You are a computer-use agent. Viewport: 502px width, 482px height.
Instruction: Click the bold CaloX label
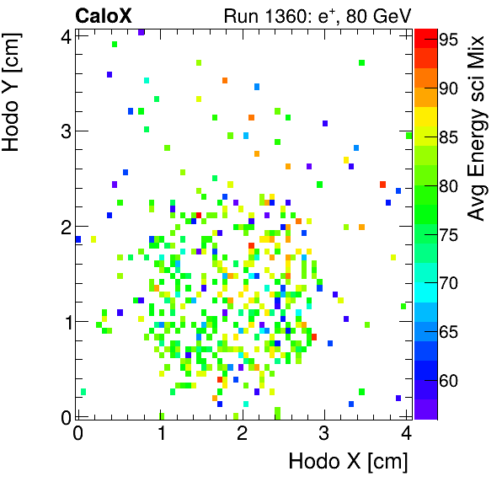(104, 15)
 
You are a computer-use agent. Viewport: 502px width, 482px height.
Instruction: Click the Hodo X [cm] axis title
(348, 462)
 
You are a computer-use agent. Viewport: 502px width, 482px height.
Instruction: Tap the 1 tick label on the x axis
(160, 433)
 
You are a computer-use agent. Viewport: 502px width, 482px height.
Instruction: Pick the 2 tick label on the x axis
(242, 433)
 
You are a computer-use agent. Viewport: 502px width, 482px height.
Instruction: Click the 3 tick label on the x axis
(324, 433)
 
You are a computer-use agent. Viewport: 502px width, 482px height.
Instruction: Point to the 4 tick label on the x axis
(406, 433)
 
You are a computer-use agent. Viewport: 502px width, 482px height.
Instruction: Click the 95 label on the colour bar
(449, 39)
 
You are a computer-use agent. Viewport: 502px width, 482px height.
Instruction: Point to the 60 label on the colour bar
(449, 382)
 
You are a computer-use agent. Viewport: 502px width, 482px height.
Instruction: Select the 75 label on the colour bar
(449, 234)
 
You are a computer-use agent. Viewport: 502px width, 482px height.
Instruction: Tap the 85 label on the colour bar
(449, 137)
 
